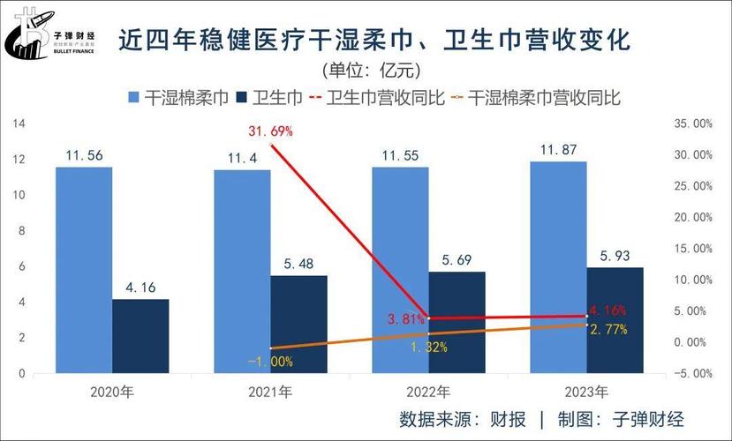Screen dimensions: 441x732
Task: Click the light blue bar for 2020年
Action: coord(84,269)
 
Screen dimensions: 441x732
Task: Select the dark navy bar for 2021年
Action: coord(298,324)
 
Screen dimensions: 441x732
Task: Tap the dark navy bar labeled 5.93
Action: coord(615,319)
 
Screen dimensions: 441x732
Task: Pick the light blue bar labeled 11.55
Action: coord(399,269)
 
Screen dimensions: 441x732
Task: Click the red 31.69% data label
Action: coord(270,131)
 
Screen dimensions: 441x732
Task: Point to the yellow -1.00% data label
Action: coord(270,360)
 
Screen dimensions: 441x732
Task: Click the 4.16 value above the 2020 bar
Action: coord(140,287)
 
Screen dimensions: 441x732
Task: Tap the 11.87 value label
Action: coord(558,148)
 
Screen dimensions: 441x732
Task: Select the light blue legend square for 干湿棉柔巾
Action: coord(134,98)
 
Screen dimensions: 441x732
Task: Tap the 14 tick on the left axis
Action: coord(18,124)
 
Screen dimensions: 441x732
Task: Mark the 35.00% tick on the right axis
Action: coord(692,124)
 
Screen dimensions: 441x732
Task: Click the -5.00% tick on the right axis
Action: coord(692,373)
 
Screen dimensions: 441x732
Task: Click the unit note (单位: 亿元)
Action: coord(366,70)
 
